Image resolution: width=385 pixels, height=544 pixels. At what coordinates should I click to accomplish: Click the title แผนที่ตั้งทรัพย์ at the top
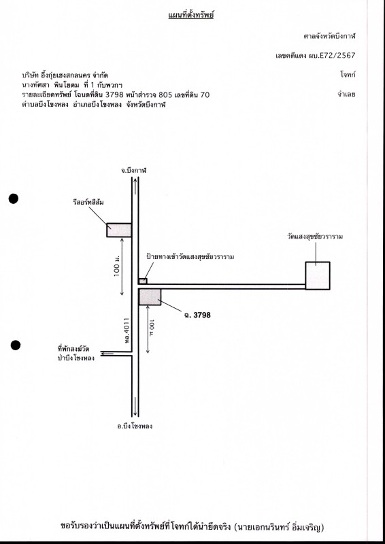(x=190, y=15)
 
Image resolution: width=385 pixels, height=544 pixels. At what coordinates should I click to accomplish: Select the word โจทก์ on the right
(x=348, y=74)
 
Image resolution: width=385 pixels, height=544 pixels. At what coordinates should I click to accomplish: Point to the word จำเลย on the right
(x=346, y=94)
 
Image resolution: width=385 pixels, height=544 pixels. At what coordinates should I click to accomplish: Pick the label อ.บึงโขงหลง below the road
(x=135, y=426)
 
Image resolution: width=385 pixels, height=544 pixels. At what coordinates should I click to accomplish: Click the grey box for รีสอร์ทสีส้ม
(x=119, y=230)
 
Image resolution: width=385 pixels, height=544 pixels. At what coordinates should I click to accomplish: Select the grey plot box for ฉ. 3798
(x=150, y=297)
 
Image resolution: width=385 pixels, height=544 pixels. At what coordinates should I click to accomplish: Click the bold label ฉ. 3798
(x=197, y=315)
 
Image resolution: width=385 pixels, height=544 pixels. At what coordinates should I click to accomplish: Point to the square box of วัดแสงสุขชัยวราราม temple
(x=318, y=275)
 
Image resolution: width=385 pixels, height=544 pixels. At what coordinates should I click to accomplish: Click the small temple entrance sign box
(x=143, y=281)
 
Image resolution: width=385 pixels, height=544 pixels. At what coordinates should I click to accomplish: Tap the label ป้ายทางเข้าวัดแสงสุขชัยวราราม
(x=190, y=257)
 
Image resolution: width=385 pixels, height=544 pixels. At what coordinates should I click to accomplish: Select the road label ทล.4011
(x=127, y=330)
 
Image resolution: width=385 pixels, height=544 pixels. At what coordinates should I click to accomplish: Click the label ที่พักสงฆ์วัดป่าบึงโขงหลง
(x=76, y=354)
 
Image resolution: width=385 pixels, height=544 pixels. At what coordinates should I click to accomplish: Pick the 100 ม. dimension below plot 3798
(x=152, y=330)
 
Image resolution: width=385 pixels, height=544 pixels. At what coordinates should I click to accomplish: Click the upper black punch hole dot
(x=14, y=199)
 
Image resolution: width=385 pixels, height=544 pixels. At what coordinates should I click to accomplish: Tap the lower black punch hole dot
(x=15, y=345)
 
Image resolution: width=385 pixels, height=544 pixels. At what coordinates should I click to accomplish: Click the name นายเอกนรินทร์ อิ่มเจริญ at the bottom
(x=280, y=528)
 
